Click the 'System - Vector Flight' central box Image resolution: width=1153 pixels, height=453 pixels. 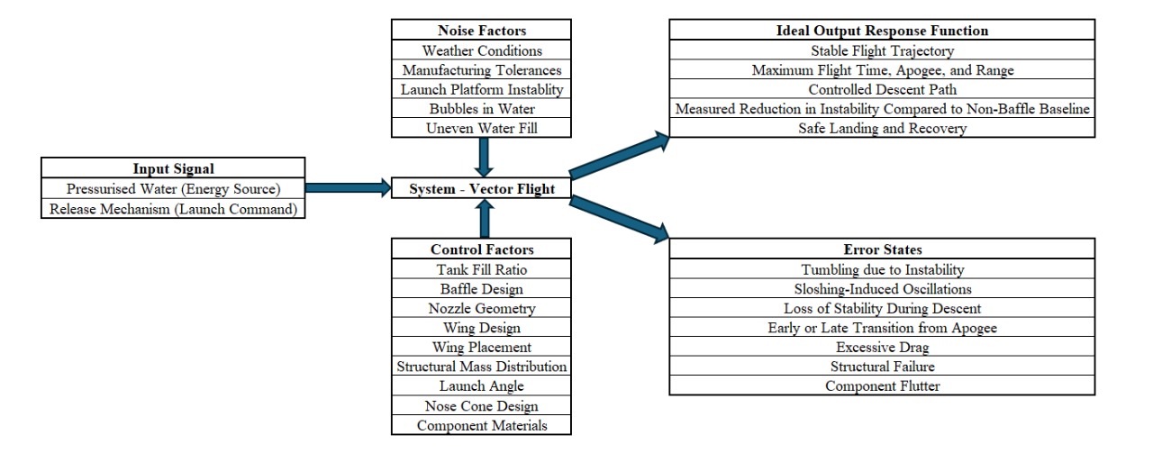[481, 189]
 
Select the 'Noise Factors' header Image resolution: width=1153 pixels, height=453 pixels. [481, 31]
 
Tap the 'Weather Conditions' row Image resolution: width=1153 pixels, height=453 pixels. [481, 50]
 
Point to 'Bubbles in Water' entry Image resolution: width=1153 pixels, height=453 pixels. [481, 109]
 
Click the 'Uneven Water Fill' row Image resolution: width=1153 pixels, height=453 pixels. [481, 129]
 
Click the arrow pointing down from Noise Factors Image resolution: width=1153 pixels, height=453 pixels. [484, 158]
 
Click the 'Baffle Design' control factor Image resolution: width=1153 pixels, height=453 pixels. [481, 289]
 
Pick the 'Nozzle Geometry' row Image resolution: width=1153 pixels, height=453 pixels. [481, 309]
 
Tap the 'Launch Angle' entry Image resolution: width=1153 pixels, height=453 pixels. [481, 386]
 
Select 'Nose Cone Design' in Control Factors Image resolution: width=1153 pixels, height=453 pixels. [481, 406]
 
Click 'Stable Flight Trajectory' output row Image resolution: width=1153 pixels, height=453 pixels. [882, 50]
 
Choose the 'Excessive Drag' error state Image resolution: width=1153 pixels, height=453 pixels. [882, 347]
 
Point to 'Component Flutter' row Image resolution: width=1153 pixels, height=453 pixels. [882, 386]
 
